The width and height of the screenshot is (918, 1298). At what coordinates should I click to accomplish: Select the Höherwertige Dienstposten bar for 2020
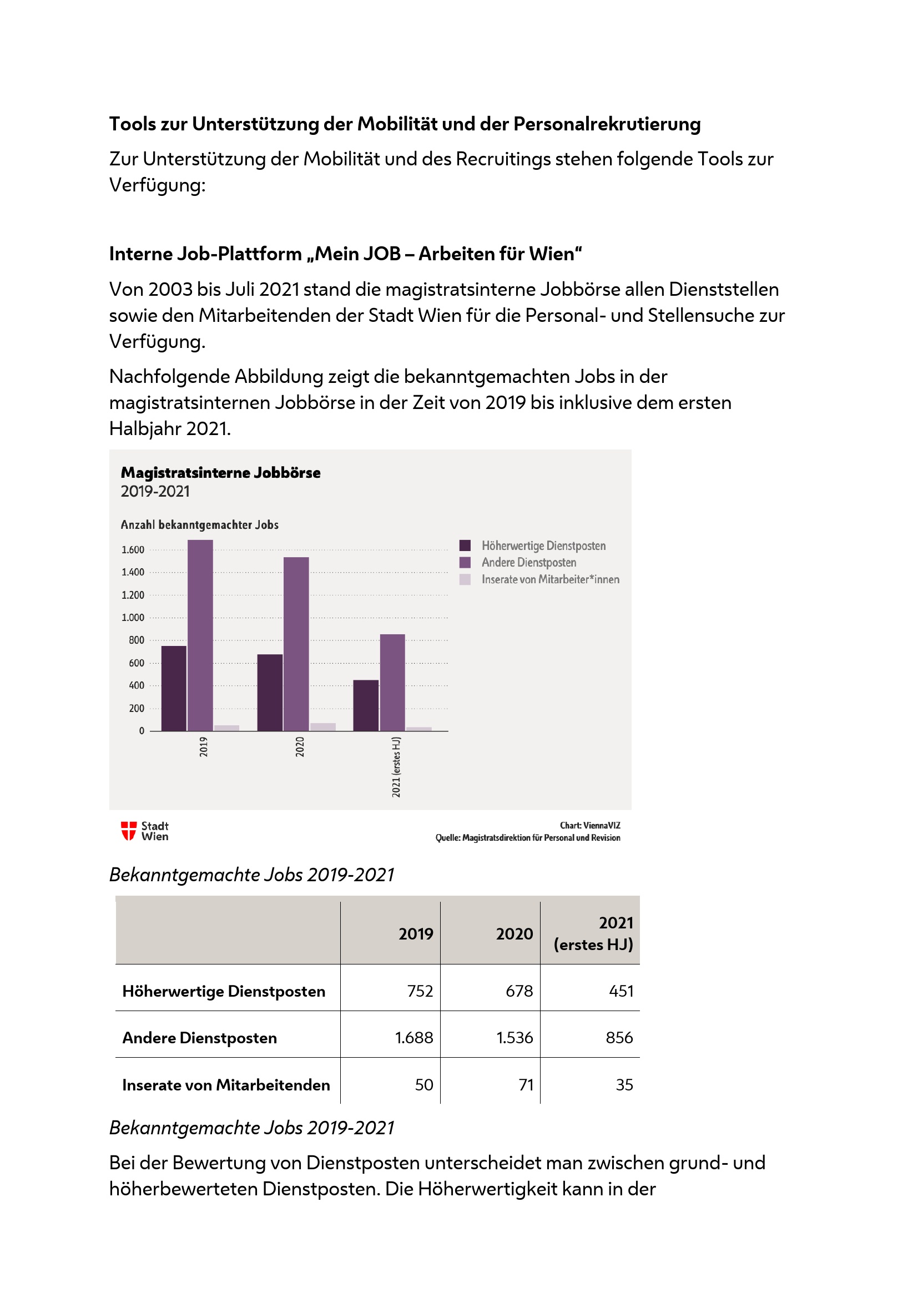(x=270, y=693)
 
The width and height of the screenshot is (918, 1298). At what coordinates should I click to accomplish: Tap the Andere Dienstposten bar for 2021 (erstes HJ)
(x=392, y=683)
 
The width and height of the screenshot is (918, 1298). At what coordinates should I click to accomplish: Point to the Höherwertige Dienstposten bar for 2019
(x=174, y=688)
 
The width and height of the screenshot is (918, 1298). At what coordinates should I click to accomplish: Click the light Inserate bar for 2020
(x=323, y=727)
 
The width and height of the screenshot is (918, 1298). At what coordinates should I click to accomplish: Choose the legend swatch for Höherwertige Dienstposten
(x=465, y=546)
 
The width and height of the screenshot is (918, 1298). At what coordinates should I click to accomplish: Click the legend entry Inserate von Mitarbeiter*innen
(x=550, y=579)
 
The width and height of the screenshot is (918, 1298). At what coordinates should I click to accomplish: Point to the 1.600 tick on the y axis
(x=133, y=549)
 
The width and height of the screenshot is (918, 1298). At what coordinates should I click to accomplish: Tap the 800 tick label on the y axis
(x=136, y=640)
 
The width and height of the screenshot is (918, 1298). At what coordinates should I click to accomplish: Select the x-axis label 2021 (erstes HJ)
(x=396, y=766)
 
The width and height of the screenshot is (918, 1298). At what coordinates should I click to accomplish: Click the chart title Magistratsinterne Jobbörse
(x=220, y=473)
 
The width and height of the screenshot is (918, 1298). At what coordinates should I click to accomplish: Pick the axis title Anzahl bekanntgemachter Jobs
(x=200, y=524)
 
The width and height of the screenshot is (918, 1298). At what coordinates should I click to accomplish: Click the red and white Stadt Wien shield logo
(x=129, y=831)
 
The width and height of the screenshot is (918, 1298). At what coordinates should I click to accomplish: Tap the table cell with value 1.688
(x=414, y=1037)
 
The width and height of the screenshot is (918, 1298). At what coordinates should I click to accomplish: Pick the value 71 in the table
(x=526, y=1084)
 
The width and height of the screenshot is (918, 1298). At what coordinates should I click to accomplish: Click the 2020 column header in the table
(x=515, y=933)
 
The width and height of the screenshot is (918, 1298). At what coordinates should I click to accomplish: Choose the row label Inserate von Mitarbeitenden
(x=226, y=1085)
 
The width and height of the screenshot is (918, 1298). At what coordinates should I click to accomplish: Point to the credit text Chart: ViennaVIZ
(x=589, y=825)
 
